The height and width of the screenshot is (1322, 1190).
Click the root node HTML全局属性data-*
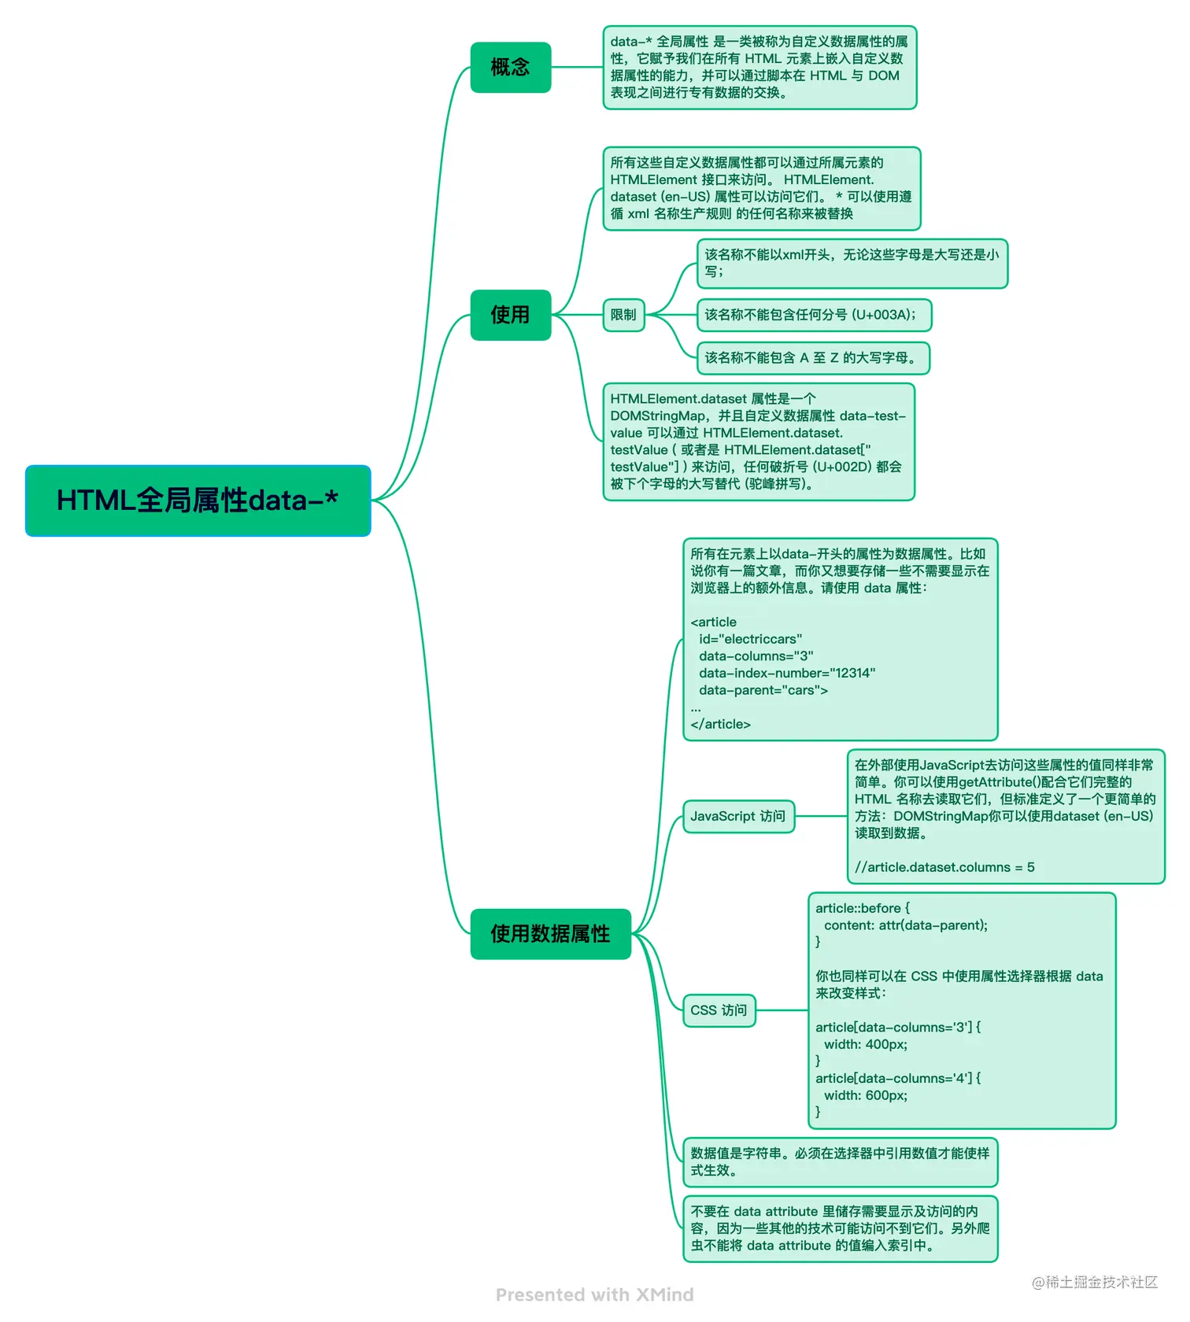pos(198,500)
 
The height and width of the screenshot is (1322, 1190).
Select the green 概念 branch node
pos(510,68)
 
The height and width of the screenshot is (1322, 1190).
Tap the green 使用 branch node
pos(510,315)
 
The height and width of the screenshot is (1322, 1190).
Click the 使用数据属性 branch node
pos(550,934)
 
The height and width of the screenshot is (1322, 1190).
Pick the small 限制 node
pos(623,315)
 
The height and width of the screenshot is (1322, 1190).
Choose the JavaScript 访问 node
pos(738,816)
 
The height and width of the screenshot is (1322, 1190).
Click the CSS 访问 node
pos(719,1010)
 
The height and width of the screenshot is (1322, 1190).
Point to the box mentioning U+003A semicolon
pos(813,315)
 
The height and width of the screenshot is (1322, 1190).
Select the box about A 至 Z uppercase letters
pos(812,358)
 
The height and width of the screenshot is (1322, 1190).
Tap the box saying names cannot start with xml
pos(852,263)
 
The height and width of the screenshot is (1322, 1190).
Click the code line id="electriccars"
pos(750,639)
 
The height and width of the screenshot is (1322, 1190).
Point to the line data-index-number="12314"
pos(786,673)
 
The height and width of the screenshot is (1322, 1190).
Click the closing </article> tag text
pos(720,724)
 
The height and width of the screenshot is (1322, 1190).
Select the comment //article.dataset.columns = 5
pos(944,867)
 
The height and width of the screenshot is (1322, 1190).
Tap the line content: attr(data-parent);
pos(905,925)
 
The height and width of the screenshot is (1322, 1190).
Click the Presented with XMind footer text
pos(594,1294)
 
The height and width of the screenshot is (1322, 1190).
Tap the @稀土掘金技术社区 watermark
pos(1094,1282)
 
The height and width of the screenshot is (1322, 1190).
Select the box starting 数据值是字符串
pos(840,1161)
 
